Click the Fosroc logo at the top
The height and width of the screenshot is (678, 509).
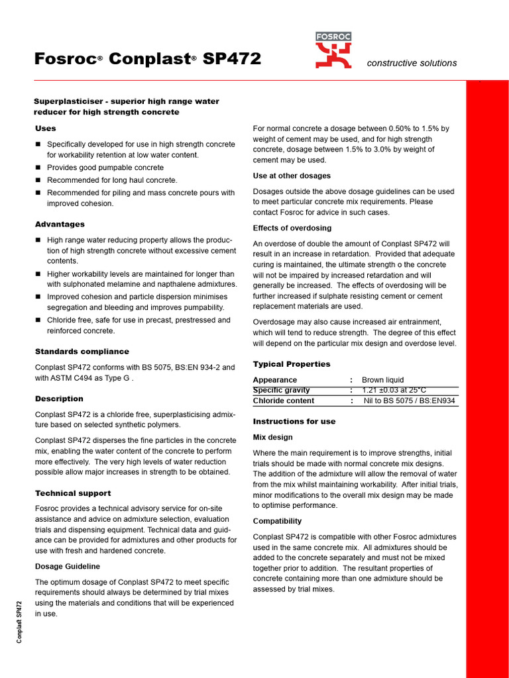pyautogui.click(x=333, y=50)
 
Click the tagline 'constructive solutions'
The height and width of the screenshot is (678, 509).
pyautogui.click(x=412, y=63)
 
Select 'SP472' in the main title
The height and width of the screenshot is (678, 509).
pyautogui.click(x=232, y=60)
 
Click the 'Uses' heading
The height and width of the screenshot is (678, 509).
pyautogui.click(x=45, y=128)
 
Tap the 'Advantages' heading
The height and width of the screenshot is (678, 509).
pyautogui.click(x=60, y=224)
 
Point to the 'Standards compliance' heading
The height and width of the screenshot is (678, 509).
pyautogui.click(x=82, y=352)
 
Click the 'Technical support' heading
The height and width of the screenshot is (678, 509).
pyautogui.click(x=73, y=493)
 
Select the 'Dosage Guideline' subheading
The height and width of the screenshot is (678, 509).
pyautogui.click(x=68, y=566)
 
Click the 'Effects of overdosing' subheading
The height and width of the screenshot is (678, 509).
pyautogui.click(x=293, y=228)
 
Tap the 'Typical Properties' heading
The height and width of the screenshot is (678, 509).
pyautogui.click(x=292, y=364)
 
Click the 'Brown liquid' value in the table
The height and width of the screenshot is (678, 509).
pyautogui.click(x=382, y=380)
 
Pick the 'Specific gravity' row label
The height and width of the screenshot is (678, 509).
pyautogui.click(x=282, y=390)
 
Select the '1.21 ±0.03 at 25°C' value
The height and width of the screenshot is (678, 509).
pyautogui.click(x=394, y=390)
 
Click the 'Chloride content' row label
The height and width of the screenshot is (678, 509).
pyautogui.click(x=284, y=401)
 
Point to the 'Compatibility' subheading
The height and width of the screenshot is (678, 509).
pyautogui.click(x=277, y=521)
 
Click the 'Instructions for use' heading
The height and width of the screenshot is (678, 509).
pyautogui.click(x=294, y=421)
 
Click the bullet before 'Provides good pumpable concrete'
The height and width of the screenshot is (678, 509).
pyautogui.click(x=38, y=168)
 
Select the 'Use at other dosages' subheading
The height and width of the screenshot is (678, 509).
pyautogui.click(x=292, y=175)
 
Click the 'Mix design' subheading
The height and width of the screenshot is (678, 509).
pyautogui.click(x=272, y=437)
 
